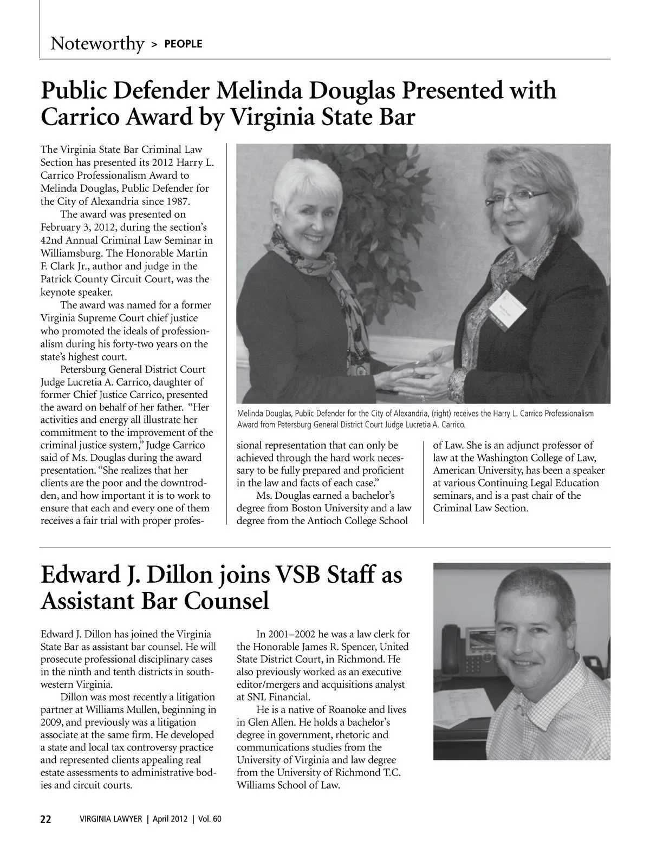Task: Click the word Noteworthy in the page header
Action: tap(97, 43)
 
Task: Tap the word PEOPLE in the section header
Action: tap(183, 44)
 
